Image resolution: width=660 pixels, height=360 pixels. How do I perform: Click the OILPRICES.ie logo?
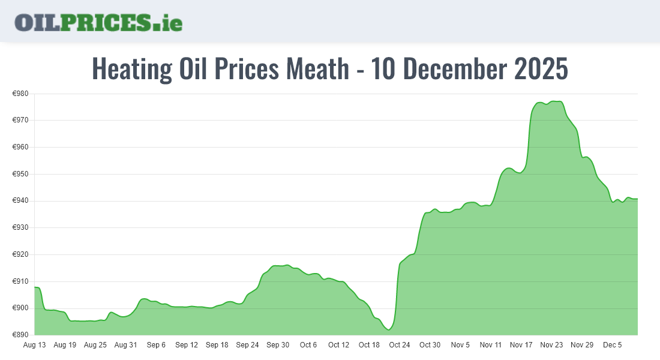(x=98, y=22)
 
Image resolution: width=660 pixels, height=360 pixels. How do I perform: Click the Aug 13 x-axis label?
(x=34, y=345)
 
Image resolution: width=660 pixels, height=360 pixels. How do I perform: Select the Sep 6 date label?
(x=156, y=345)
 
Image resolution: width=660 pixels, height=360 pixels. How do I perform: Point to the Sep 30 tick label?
(x=278, y=345)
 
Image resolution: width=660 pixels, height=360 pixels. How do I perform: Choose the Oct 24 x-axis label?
(x=400, y=345)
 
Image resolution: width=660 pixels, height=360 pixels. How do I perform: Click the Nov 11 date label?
(x=491, y=345)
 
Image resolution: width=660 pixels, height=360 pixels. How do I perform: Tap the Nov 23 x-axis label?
(x=551, y=345)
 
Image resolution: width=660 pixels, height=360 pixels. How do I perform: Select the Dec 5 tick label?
(x=613, y=345)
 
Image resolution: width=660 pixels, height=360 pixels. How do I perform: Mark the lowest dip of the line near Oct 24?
(x=389, y=329)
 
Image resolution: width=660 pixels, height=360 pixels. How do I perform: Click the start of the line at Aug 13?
(x=35, y=287)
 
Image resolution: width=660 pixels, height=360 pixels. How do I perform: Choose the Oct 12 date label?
(x=338, y=345)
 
